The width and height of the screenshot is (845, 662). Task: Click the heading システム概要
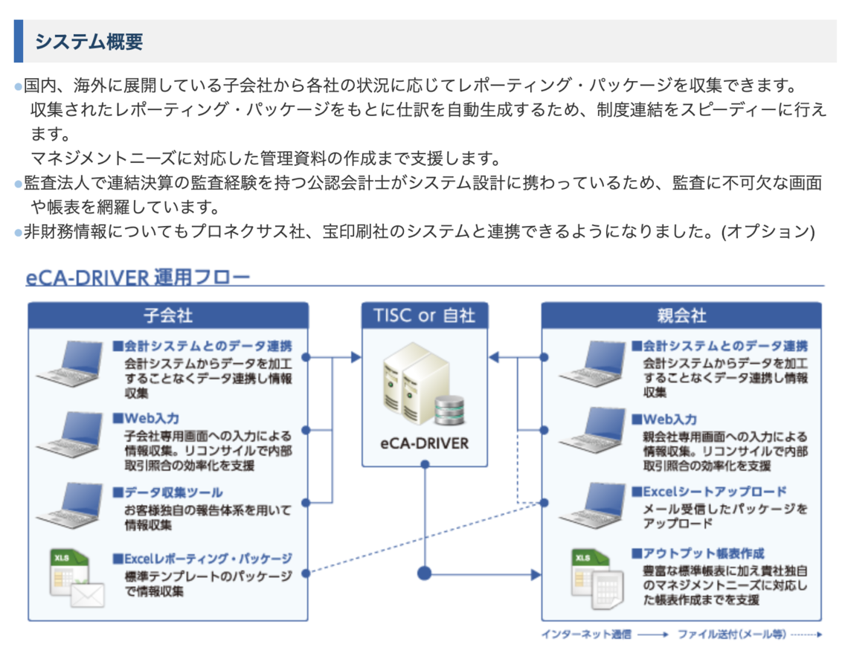[x=89, y=42]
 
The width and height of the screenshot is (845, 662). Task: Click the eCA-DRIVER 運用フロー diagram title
[x=138, y=278]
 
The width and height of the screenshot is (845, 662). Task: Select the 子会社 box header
[x=168, y=315]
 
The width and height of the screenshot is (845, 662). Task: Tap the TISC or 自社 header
[x=425, y=315]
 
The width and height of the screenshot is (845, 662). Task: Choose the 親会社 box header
[x=681, y=315]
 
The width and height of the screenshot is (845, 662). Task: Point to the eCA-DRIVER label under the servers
[x=425, y=443]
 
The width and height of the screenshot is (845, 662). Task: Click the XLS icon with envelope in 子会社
[x=75, y=577]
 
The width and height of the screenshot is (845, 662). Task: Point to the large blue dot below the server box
[x=425, y=573]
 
